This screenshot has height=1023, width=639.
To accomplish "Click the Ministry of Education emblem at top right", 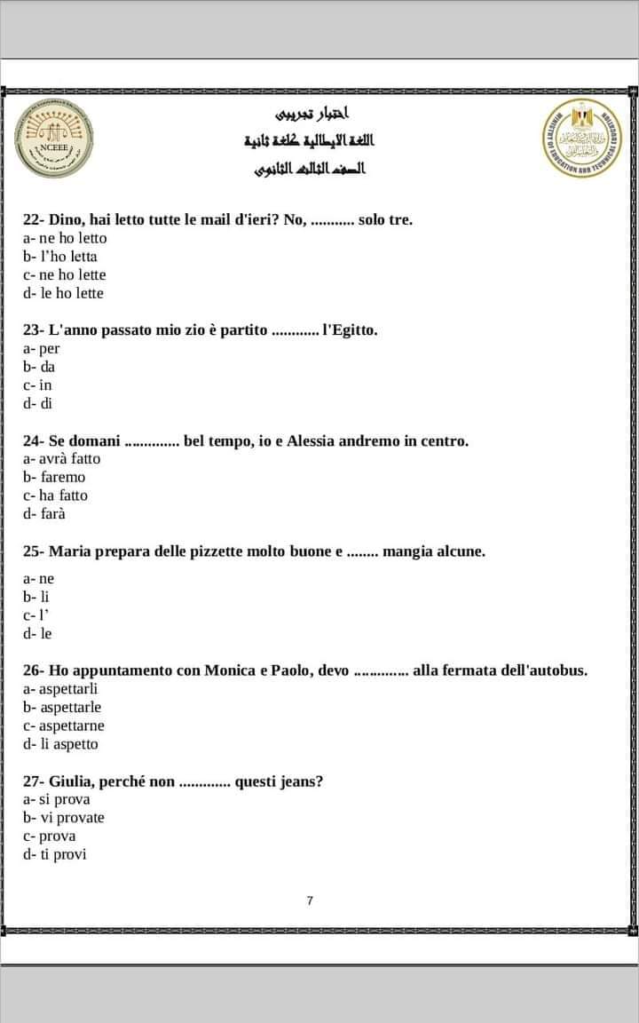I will click(x=582, y=139).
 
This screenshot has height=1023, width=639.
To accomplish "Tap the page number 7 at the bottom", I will click(x=310, y=900).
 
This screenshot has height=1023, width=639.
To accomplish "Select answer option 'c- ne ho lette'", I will click(x=65, y=274).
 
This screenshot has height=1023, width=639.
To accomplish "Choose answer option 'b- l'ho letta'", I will click(x=60, y=257).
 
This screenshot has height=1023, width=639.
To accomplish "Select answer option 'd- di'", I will click(x=39, y=404).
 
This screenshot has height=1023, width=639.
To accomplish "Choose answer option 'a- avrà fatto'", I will click(x=62, y=459).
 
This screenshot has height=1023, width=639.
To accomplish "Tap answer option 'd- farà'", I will click(x=45, y=514).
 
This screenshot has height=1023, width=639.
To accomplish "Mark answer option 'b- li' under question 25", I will click(x=36, y=597).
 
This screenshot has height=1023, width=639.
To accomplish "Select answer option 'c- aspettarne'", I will click(x=64, y=726).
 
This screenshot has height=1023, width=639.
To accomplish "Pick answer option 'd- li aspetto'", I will click(x=61, y=744).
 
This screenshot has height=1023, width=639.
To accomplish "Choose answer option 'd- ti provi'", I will click(x=55, y=855).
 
